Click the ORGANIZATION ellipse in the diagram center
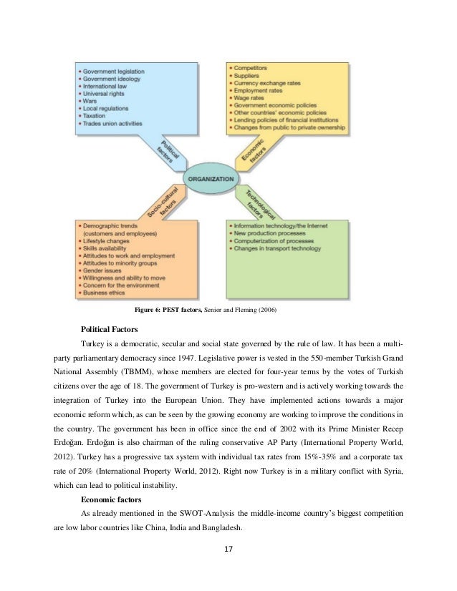(x=213, y=179)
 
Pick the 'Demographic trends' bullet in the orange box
(x=117, y=227)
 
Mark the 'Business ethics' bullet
(x=105, y=292)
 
